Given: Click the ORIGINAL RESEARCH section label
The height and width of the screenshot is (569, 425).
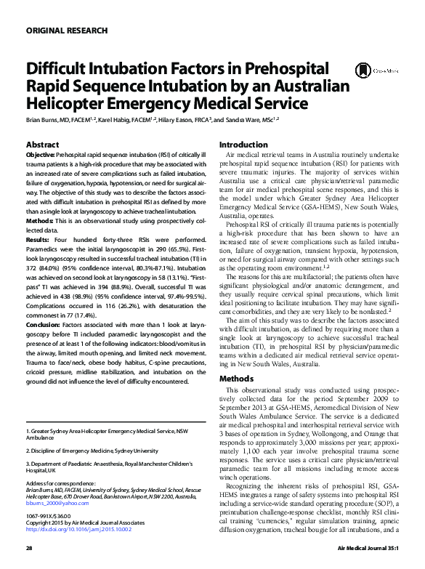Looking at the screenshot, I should pyautogui.click(x=67, y=31).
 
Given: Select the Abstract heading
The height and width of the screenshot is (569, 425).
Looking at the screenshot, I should pyautogui.click(x=42, y=145).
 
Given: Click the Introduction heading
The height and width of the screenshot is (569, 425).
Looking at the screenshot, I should pyautogui.click(x=243, y=145).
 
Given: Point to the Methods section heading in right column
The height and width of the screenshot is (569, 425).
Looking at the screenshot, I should pyautogui.click(x=236, y=379).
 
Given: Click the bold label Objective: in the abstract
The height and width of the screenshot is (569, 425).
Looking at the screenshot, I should pyautogui.click(x=40, y=156).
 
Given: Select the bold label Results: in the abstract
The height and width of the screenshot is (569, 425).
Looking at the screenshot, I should pyautogui.click(x=38, y=238).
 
